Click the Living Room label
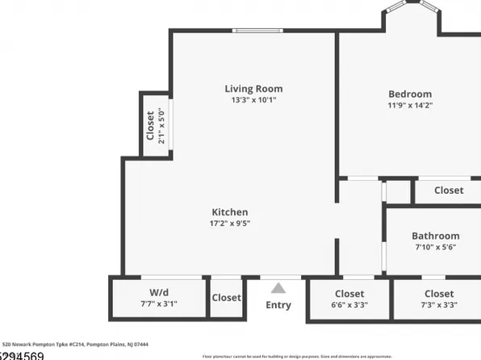click(253, 89)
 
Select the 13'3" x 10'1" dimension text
click(253, 101)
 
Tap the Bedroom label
click(410, 94)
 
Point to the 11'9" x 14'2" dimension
click(410, 106)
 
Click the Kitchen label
click(230, 212)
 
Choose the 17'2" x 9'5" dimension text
click(230, 224)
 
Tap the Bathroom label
click(435, 236)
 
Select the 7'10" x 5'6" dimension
click(435, 247)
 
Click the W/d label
click(158, 293)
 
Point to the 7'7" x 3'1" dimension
click(158, 304)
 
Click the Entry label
click(278, 305)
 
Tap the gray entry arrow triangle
click(278, 288)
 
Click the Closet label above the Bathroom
click(449, 190)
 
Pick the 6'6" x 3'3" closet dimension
click(349, 305)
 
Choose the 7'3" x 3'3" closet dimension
click(438, 305)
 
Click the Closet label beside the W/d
click(226, 298)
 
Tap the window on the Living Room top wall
click(257, 31)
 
